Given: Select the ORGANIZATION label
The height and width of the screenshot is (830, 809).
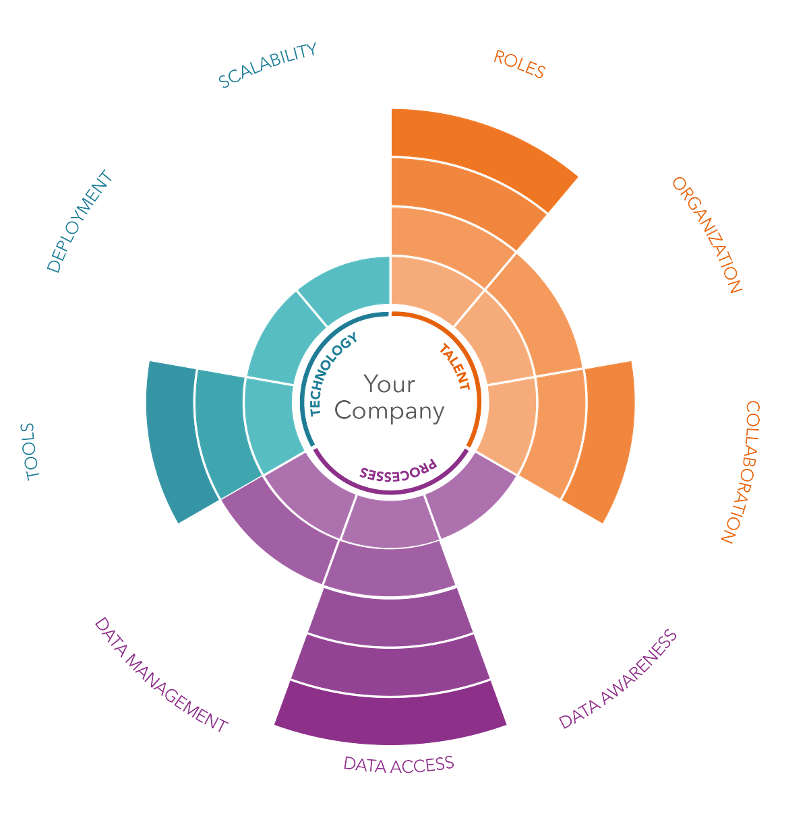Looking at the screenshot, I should pyautogui.click(x=707, y=234).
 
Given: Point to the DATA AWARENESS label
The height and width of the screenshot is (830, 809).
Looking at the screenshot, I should pyautogui.click(x=618, y=680).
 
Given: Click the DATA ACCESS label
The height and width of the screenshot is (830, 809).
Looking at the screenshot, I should pyautogui.click(x=398, y=763).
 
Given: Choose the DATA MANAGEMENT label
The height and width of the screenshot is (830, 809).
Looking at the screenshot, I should pyautogui.click(x=162, y=674).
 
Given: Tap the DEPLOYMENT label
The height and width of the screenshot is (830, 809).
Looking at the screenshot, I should pyautogui.click(x=80, y=222).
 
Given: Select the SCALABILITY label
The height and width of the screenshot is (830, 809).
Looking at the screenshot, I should pyautogui.click(x=267, y=65).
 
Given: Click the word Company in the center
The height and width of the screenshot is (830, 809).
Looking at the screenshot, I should pyautogui.click(x=390, y=411).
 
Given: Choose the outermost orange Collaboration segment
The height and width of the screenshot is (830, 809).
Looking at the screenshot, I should pyautogui.click(x=607, y=438).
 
